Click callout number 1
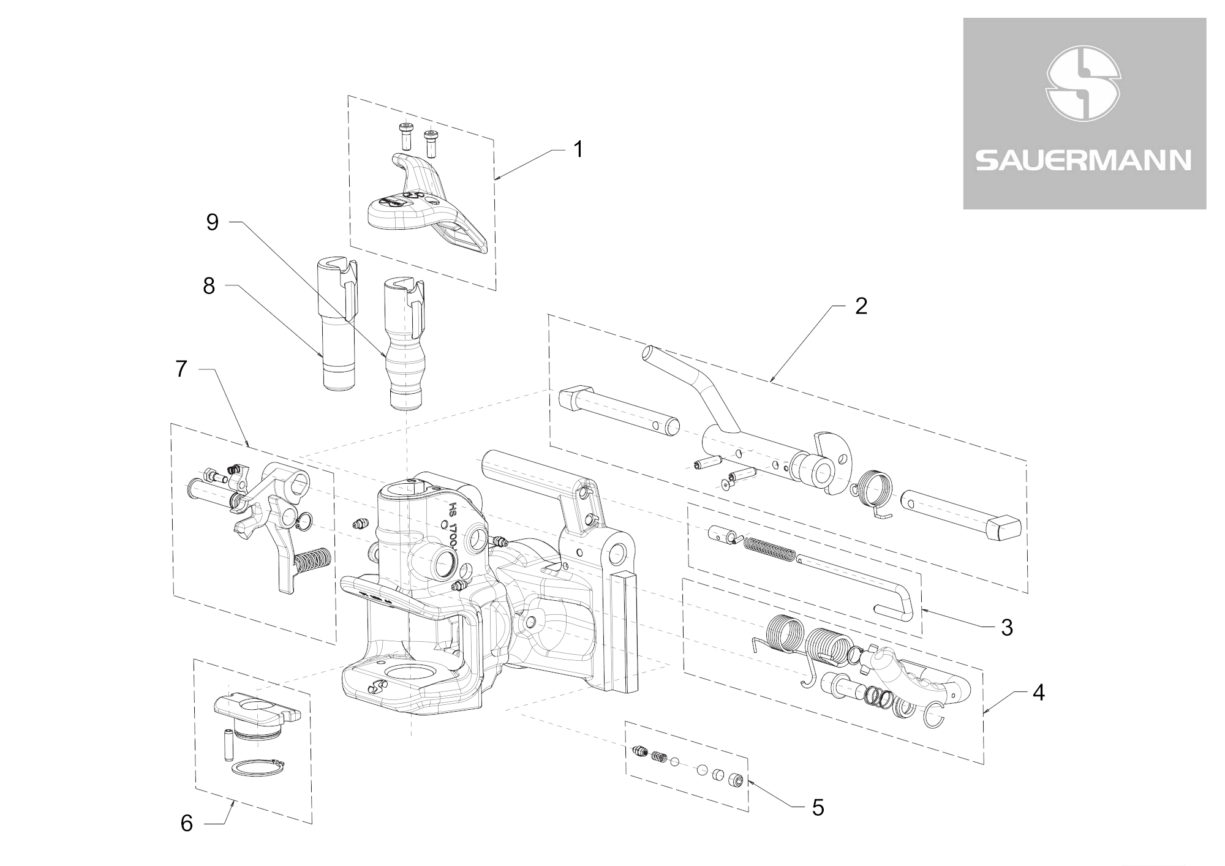click(577, 149)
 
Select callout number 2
click(861, 306)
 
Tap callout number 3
click(1006, 627)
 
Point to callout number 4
click(1038, 693)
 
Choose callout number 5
click(818, 808)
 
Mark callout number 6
click(187, 824)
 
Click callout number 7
click(181, 369)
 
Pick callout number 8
click(209, 286)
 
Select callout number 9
click(212, 222)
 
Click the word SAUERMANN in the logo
click(1084, 160)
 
